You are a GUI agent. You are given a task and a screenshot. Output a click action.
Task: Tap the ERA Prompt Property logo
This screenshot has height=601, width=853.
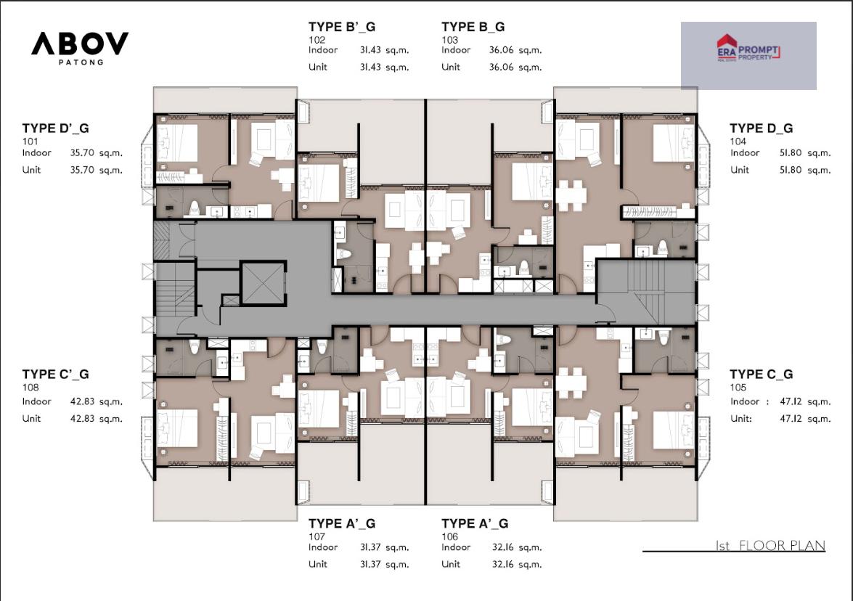748,49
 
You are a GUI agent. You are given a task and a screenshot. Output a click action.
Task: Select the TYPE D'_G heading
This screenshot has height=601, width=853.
55,128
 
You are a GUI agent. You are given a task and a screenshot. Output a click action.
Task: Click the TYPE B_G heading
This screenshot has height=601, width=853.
473,27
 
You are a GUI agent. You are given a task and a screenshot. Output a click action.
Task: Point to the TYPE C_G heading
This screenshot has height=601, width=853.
761,375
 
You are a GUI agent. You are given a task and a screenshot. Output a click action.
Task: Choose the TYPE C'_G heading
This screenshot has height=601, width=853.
55,375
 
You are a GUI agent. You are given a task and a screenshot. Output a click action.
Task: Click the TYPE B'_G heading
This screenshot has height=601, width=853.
342,27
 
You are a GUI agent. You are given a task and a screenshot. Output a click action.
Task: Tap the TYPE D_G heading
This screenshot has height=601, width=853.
761,128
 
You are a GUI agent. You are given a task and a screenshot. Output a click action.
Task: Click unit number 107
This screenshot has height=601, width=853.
317,536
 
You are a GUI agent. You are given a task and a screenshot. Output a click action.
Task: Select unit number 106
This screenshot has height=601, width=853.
449,536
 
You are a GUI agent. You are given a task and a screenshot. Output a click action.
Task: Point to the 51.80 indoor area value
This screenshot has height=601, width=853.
791,153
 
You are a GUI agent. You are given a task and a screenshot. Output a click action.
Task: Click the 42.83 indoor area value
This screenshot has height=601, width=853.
82,401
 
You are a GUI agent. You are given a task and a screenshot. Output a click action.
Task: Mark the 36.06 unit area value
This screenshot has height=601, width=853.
501,67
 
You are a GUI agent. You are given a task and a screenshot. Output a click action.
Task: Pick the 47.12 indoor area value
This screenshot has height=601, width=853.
791,401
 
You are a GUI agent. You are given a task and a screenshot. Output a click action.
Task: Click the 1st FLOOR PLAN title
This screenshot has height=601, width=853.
770,545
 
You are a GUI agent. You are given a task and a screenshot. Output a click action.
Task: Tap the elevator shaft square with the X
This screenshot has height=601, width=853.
264,283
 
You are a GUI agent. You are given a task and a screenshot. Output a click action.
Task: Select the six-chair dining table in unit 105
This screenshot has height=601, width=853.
571,383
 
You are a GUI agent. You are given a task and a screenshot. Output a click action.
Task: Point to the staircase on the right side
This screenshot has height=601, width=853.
645,293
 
